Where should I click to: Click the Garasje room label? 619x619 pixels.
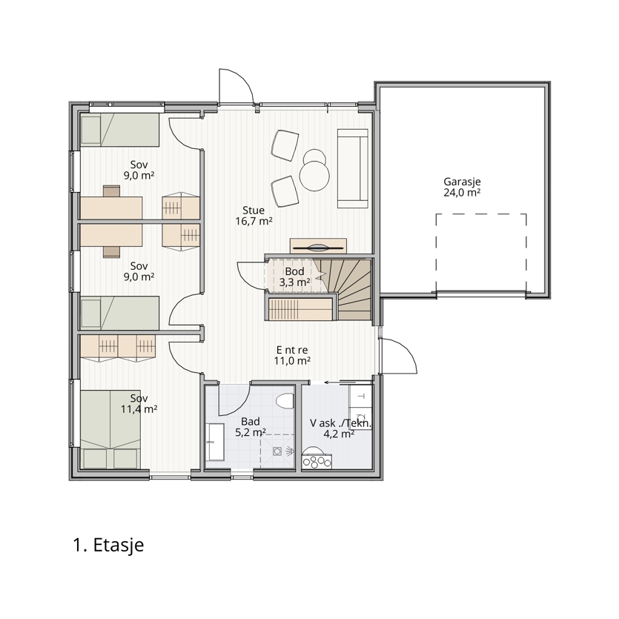pyautogui.click(x=462, y=187)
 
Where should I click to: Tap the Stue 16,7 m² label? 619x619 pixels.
pyautogui.click(x=254, y=216)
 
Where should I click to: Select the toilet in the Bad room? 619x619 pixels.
pyautogui.click(x=285, y=401)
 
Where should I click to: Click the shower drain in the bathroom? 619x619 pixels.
pyautogui.click(x=277, y=451)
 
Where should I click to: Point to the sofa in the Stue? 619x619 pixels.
pyautogui.click(x=353, y=168)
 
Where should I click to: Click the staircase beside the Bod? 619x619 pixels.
pyautogui.click(x=348, y=289)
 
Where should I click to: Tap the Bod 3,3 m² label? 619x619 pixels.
pyautogui.click(x=294, y=277)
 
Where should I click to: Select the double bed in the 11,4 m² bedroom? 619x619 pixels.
pyautogui.click(x=110, y=429)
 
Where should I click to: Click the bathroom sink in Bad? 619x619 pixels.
pyautogui.click(x=215, y=442)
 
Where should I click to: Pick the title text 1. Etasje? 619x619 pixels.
pyautogui.click(x=108, y=545)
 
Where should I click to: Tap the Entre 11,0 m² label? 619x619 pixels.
pyautogui.click(x=292, y=355)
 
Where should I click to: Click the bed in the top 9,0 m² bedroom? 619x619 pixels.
pyautogui.click(x=119, y=130)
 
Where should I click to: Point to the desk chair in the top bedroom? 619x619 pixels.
pyautogui.click(x=112, y=191)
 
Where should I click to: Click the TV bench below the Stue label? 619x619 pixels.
pyautogui.click(x=318, y=246)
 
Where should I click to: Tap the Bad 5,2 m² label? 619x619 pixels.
pyautogui.click(x=251, y=428)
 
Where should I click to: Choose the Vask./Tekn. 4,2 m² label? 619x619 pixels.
pyautogui.click(x=340, y=428)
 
